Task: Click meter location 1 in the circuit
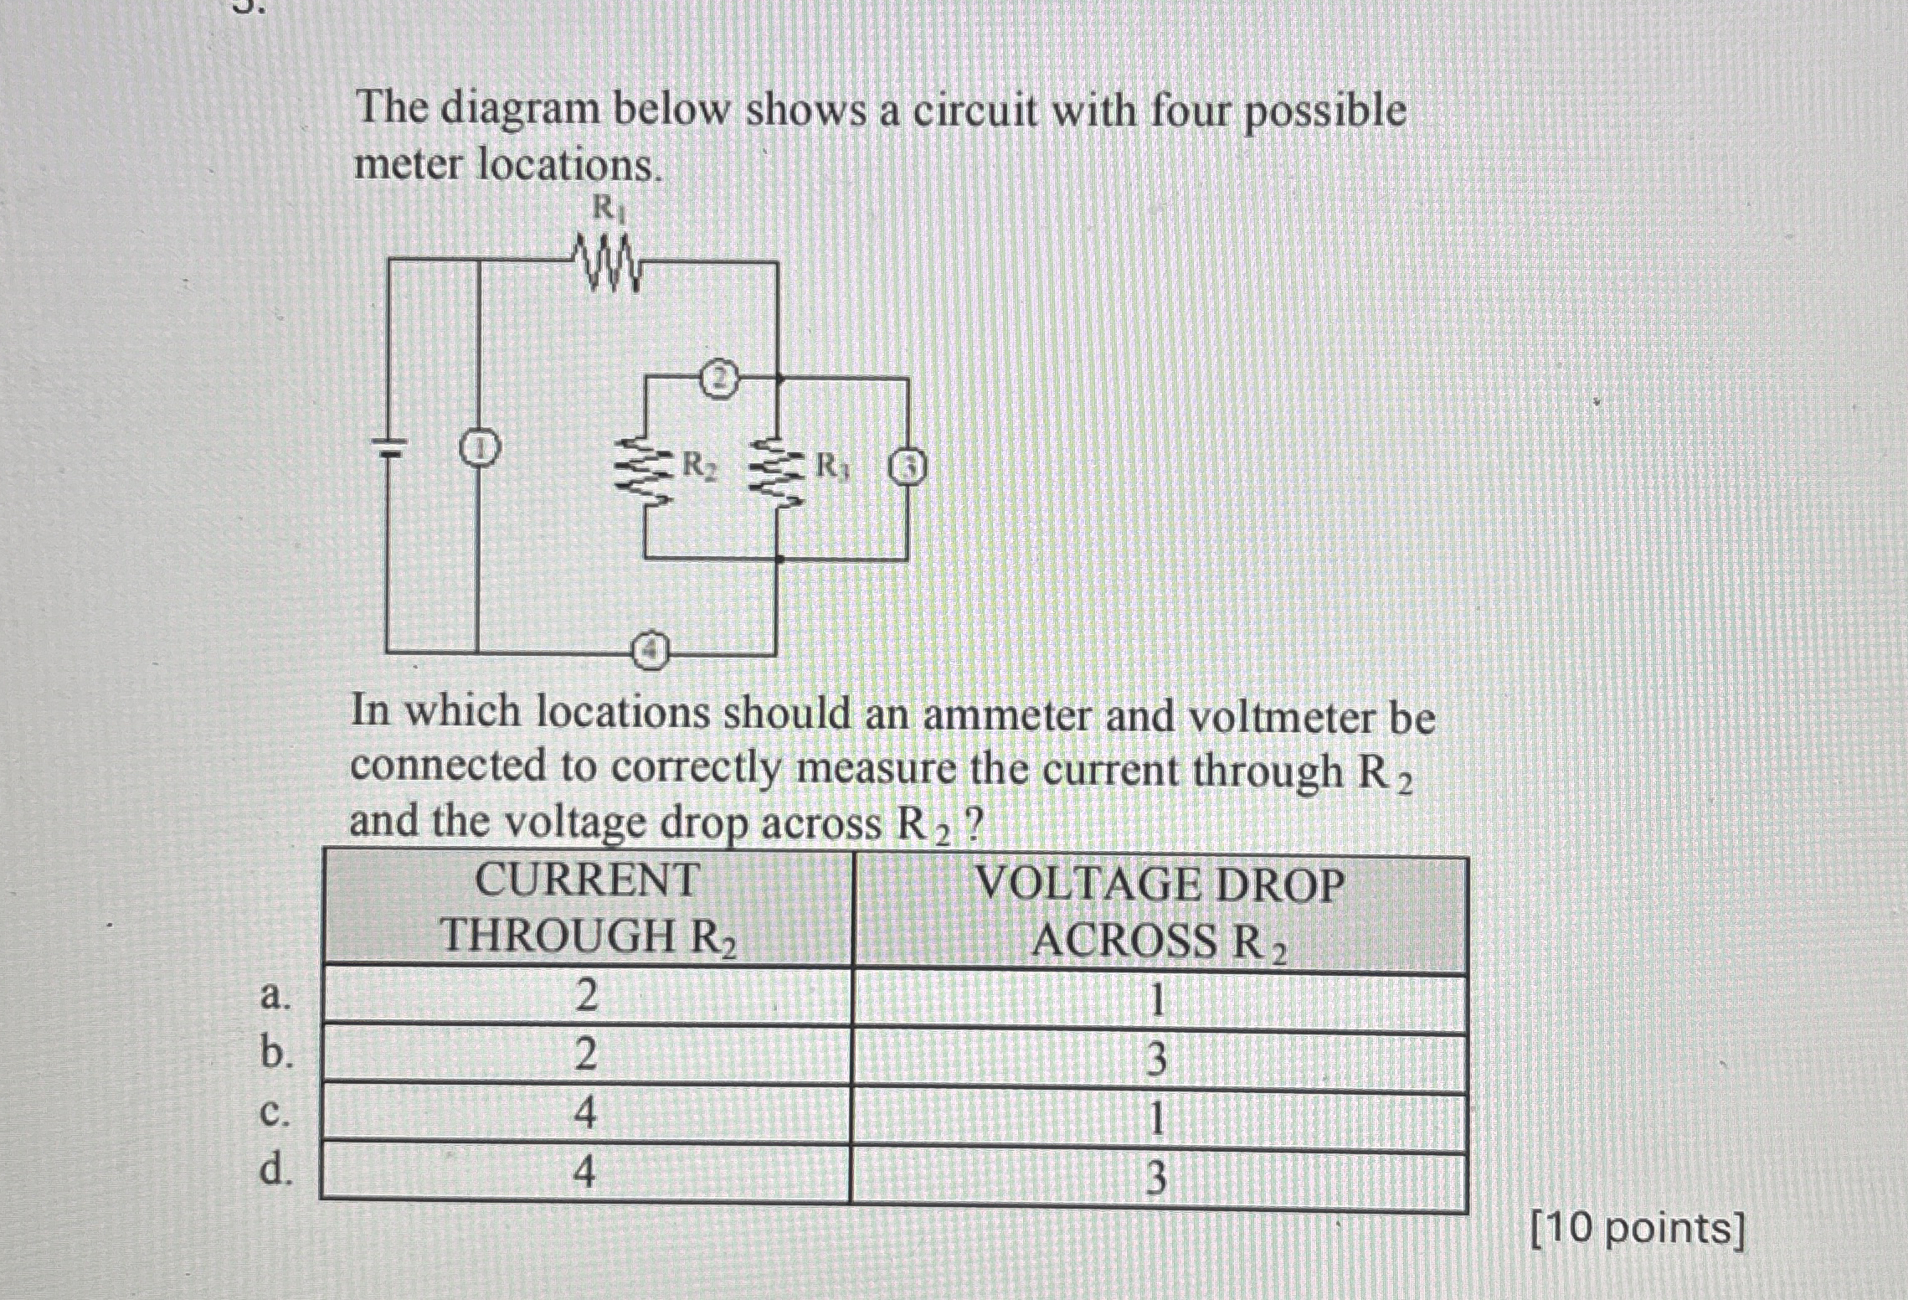point(478,450)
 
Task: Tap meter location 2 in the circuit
point(719,379)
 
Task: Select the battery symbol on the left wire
point(388,447)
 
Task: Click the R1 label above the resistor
point(609,208)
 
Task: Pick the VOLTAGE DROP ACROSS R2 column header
point(1160,912)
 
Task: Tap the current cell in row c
point(585,1115)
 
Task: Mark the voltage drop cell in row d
point(1155,1179)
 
